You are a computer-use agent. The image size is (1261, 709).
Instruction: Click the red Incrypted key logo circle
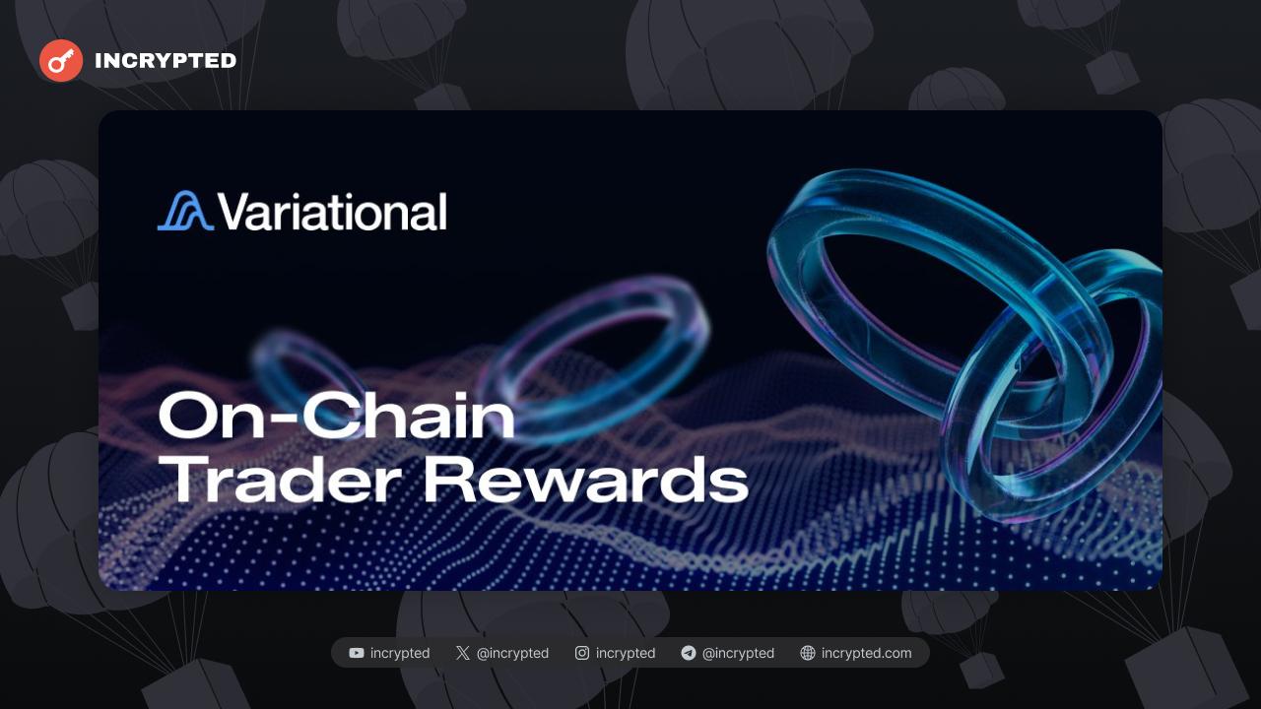61,61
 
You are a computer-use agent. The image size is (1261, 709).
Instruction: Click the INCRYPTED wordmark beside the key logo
166,61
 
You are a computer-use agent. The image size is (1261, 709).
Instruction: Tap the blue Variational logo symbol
186,211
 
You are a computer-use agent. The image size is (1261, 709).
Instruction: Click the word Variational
332,211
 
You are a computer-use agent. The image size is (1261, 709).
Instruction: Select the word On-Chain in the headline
337,416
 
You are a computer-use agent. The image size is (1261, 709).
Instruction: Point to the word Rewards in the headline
586,479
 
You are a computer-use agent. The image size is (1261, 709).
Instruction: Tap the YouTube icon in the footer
357,653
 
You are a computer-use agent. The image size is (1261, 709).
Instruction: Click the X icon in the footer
463,653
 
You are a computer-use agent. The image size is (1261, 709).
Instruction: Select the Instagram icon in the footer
582,653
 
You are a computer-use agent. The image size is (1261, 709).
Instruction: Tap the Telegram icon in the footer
689,653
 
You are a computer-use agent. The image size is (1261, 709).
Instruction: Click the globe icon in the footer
808,653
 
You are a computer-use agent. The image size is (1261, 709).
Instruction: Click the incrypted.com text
866,653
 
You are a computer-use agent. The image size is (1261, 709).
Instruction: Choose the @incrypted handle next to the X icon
512,653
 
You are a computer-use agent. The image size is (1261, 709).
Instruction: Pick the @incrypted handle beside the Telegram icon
738,653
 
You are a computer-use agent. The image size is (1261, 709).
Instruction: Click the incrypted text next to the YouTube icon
400,653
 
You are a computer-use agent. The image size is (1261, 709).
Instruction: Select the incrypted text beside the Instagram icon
626,653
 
